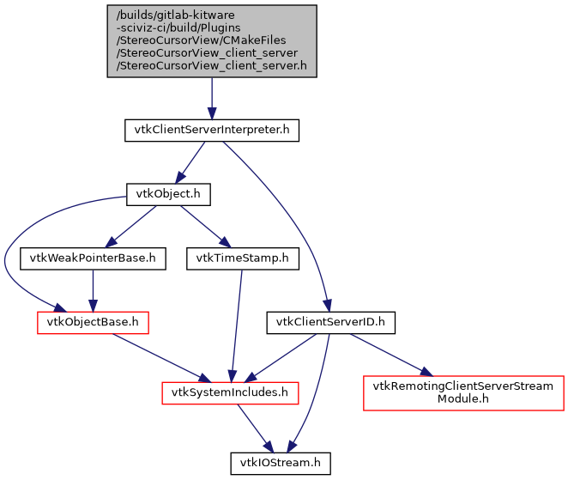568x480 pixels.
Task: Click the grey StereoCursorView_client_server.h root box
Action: click(x=212, y=41)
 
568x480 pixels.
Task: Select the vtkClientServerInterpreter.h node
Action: click(x=212, y=131)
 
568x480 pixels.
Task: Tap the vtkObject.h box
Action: click(x=168, y=194)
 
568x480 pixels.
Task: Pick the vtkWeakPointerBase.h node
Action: click(x=92, y=258)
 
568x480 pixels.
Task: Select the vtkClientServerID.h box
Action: click(x=330, y=322)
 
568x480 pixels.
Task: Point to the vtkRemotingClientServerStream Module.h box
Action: click(x=463, y=392)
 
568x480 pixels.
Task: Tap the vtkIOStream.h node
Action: click(x=280, y=463)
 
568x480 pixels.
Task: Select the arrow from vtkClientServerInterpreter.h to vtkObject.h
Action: click(x=190, y=161)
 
